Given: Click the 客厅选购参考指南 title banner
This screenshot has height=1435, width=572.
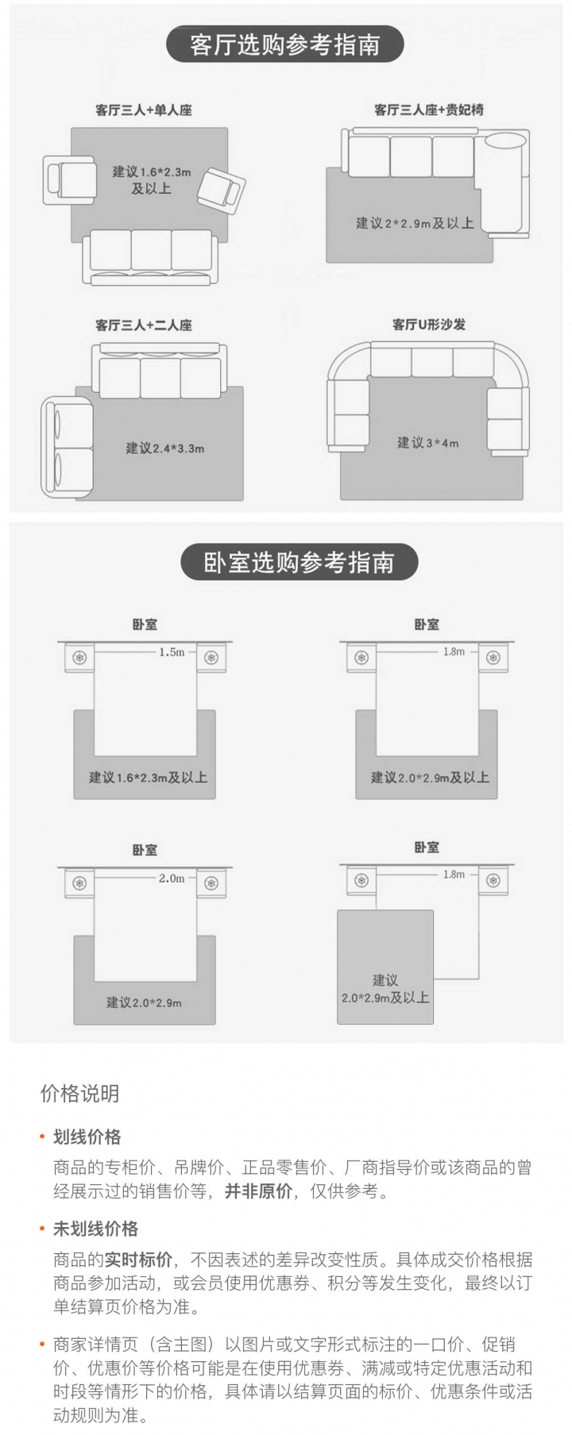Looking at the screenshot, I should pos(284,45).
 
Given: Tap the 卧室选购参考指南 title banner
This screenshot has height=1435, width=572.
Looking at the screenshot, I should pos(299,563).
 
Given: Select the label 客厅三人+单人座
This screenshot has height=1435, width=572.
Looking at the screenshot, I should pos(144,110).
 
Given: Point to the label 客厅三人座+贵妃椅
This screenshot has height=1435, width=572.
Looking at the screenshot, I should pos(429,110).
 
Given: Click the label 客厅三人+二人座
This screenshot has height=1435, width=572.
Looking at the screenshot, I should pos(144,325).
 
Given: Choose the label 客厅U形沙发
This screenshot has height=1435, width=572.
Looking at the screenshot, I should pos(429,325).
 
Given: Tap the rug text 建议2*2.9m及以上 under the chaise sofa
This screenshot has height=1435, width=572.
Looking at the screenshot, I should pos(415,224).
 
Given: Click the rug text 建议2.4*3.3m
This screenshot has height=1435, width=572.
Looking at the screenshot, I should pos(164,448).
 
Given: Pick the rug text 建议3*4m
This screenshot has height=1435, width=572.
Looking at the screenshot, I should pos(428,443).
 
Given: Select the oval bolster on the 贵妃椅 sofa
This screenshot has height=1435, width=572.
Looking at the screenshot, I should pos(505,141).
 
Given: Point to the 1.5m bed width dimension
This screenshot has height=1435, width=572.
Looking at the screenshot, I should pos(172,652).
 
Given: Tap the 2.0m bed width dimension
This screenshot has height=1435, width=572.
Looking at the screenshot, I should pos(172,879).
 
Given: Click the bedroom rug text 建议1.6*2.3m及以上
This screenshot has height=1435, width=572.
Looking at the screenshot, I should pos(148,778).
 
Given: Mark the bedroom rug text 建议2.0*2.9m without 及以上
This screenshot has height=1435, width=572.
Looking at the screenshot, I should pos(144,1002).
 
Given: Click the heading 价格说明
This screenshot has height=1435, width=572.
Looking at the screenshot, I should pos(80,1094).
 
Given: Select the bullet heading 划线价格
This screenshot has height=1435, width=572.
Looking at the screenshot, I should pos(87,1137).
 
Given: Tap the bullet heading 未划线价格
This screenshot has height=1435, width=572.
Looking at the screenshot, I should pos(95,1229).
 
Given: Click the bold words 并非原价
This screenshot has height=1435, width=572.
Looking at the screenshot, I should pos(258,1191).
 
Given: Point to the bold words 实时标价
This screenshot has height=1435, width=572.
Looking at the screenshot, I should pos(138,1260).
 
